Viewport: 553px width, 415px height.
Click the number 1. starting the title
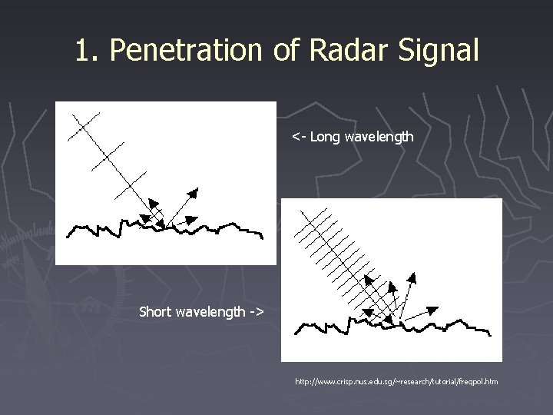(x=88, y=51)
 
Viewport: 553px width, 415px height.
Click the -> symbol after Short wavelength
(x=256, y=312)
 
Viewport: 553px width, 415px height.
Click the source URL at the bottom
(x=396, y=380)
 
